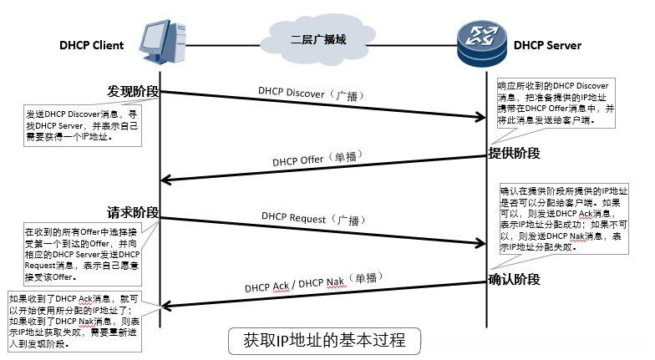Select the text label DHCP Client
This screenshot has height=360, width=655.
tap(92, 44)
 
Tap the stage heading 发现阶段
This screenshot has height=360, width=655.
tap(133, 90)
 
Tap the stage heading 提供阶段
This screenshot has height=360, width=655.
tap(515, 153)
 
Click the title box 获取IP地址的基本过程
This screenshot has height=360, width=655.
tap(323, 342)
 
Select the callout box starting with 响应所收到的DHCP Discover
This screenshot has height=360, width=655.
tap(555, 103)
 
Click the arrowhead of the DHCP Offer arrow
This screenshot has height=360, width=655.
tap(166, 180)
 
